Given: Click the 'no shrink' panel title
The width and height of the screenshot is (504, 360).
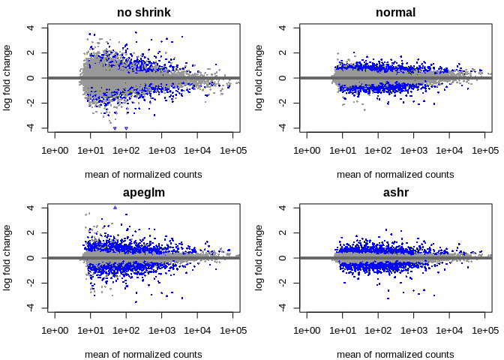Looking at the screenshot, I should (143, 12).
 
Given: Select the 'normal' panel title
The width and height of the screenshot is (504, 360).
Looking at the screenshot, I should (395, 12).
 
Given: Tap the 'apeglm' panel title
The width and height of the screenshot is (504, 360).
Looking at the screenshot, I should (143, 192).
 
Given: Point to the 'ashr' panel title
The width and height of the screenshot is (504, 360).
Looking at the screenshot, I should (395, 192).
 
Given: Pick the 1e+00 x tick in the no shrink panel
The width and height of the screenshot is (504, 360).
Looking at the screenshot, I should (55, 151).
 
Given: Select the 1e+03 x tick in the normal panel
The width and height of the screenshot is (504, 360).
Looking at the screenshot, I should (414, 151).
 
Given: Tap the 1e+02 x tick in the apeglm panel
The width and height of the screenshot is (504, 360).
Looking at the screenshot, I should (126, 331).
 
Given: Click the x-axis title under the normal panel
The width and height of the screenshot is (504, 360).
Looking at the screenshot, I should (395, 175).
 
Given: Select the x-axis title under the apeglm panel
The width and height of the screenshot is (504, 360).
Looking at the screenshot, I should (143, 355).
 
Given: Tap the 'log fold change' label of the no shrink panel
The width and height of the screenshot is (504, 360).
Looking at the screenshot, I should (8, 78).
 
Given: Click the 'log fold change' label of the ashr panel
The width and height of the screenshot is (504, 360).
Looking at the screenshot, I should (260, 258).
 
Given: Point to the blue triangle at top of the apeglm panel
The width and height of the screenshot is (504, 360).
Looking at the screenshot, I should (115, 207).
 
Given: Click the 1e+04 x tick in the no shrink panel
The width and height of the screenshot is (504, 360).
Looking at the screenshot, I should (197, 151).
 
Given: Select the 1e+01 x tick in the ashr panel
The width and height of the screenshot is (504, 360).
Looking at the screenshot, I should (343, 331).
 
